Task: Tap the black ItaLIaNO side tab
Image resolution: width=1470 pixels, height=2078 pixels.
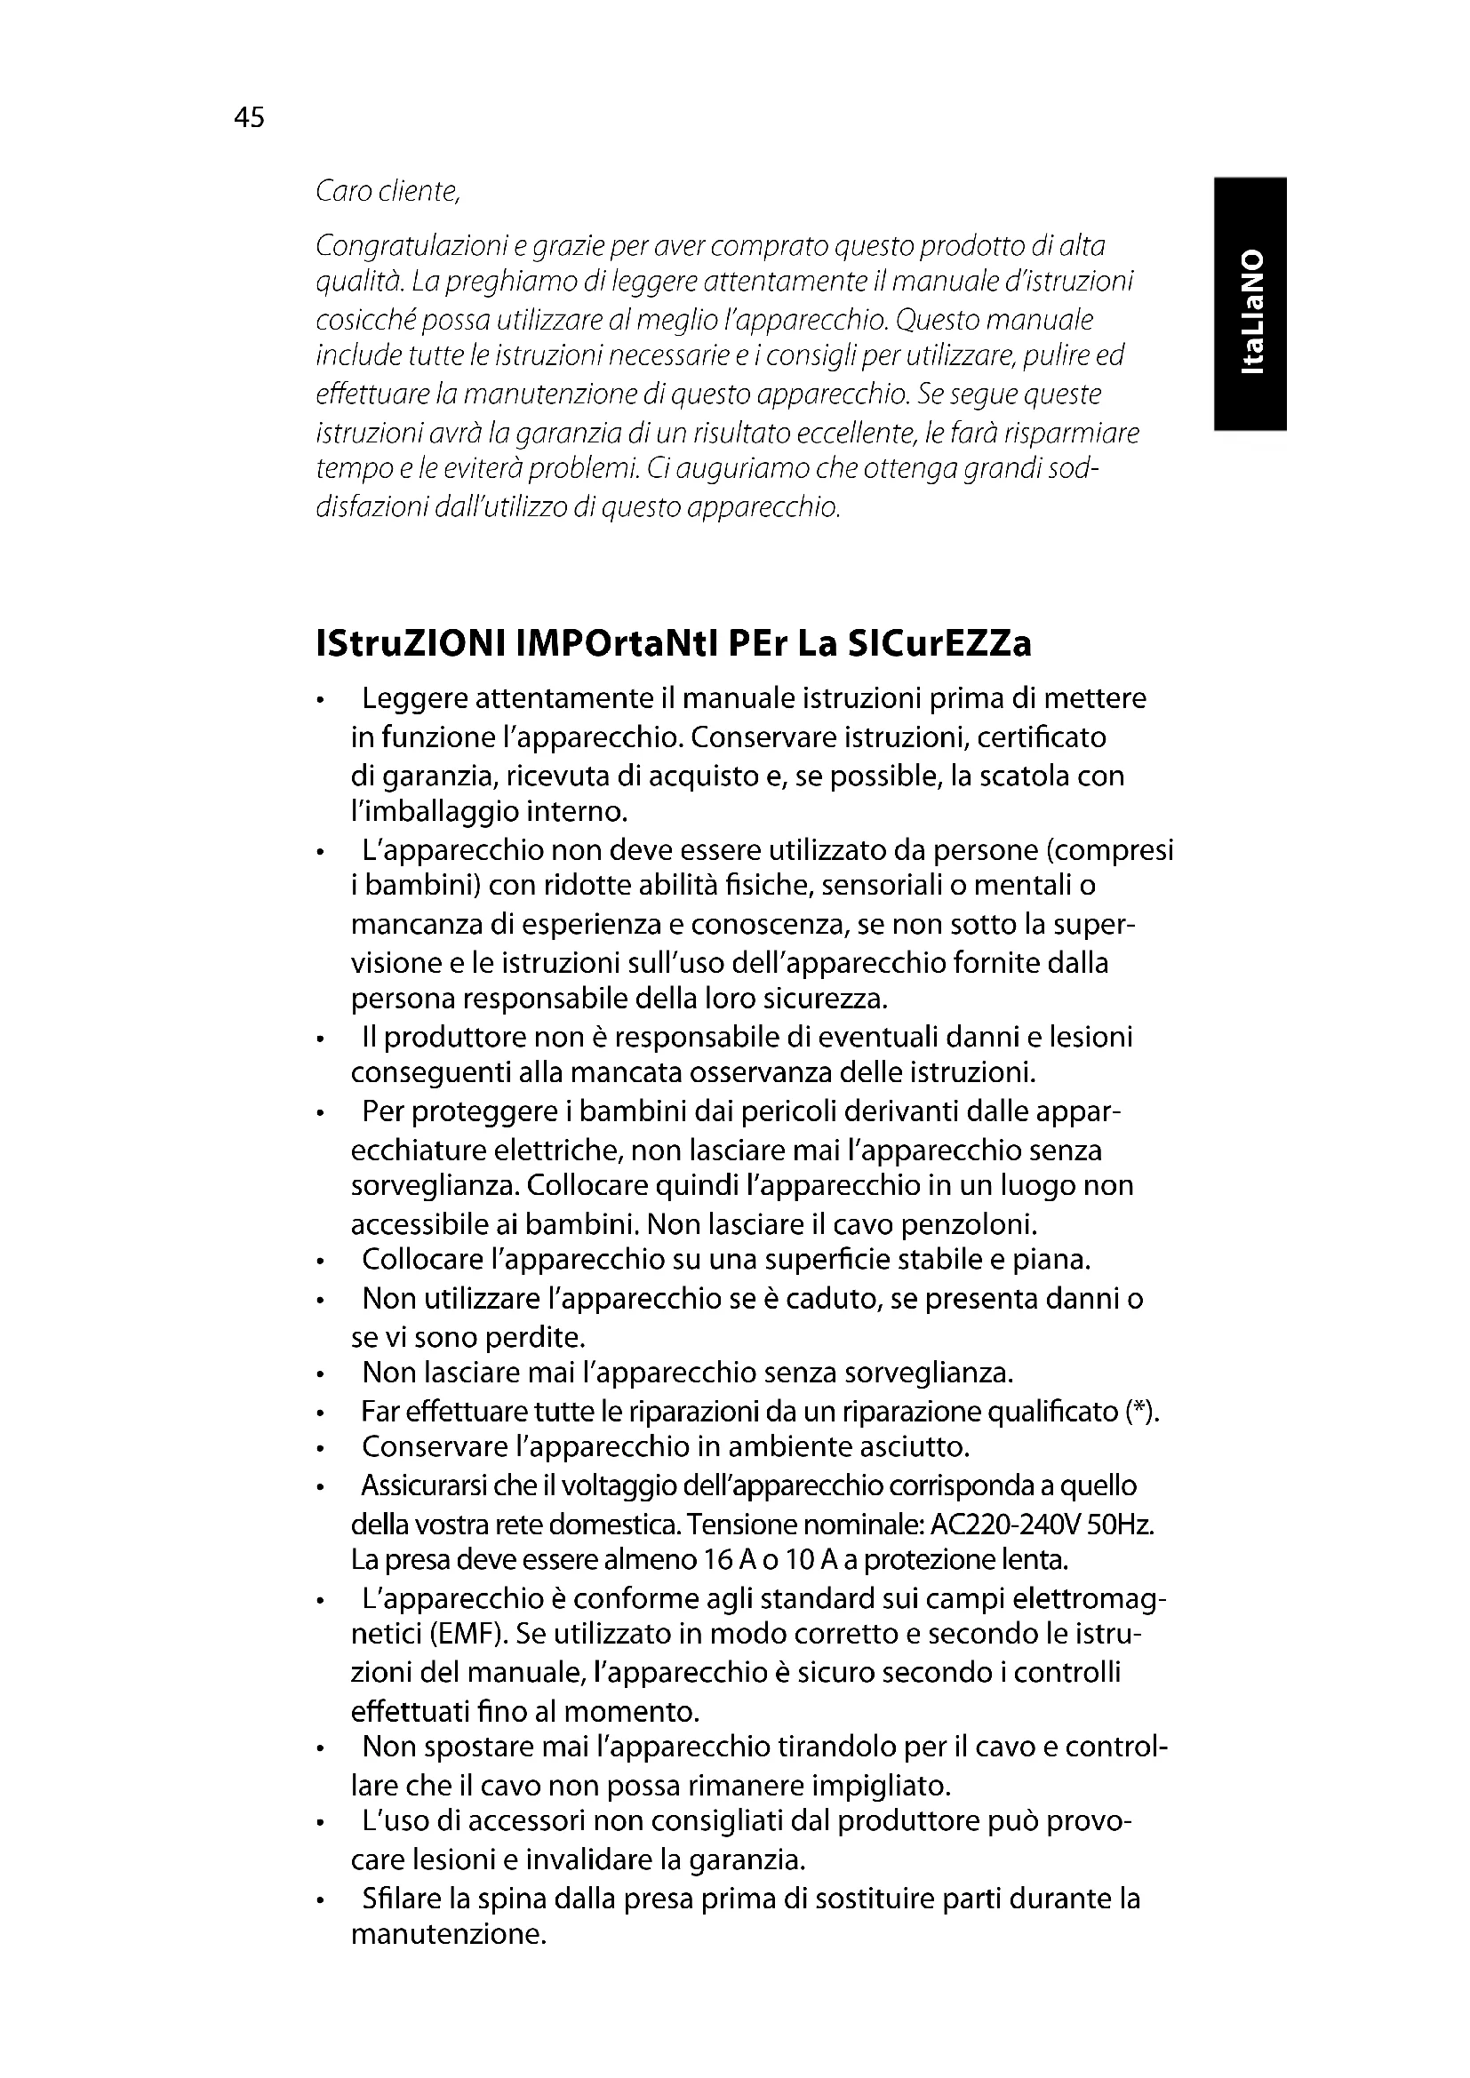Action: [x=1250, y=303]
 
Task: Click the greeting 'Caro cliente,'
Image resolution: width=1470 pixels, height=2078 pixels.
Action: [x=388, y=192]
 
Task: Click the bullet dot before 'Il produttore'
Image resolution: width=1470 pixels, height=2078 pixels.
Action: [x=321, y=1039]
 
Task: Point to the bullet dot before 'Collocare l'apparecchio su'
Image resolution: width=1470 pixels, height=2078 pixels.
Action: [x=321, y=1262]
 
